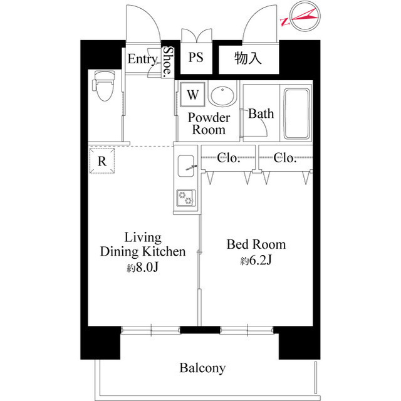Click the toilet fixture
point(104,86)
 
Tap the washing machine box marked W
point(192,95)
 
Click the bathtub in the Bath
point(296,114)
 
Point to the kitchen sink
point(185,165)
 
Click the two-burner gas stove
point(186,198)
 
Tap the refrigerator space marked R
point(102,161)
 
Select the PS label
point(196,57)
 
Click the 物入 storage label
point(248,58)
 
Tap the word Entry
point(143,60)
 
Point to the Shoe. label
point(168,61)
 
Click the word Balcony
point(202,368)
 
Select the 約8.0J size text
point(143,268)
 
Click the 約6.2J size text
point(256,261)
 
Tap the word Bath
point(261,113)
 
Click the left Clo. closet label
point(229,158)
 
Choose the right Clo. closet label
point(285,158)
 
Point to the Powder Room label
point(209,123)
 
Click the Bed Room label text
point(256,244)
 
